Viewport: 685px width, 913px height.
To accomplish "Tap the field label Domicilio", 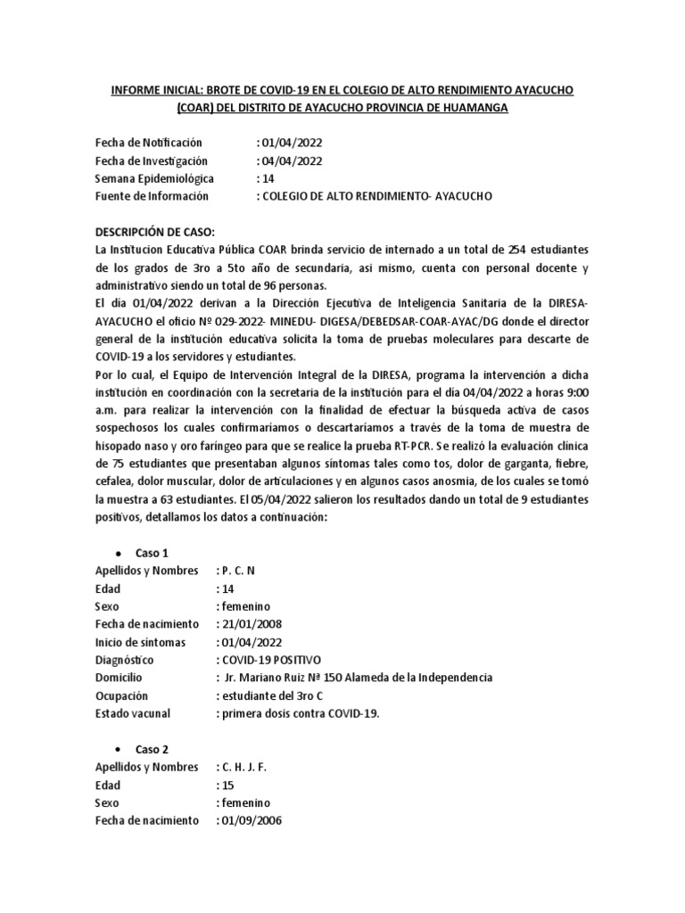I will point(121,678).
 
